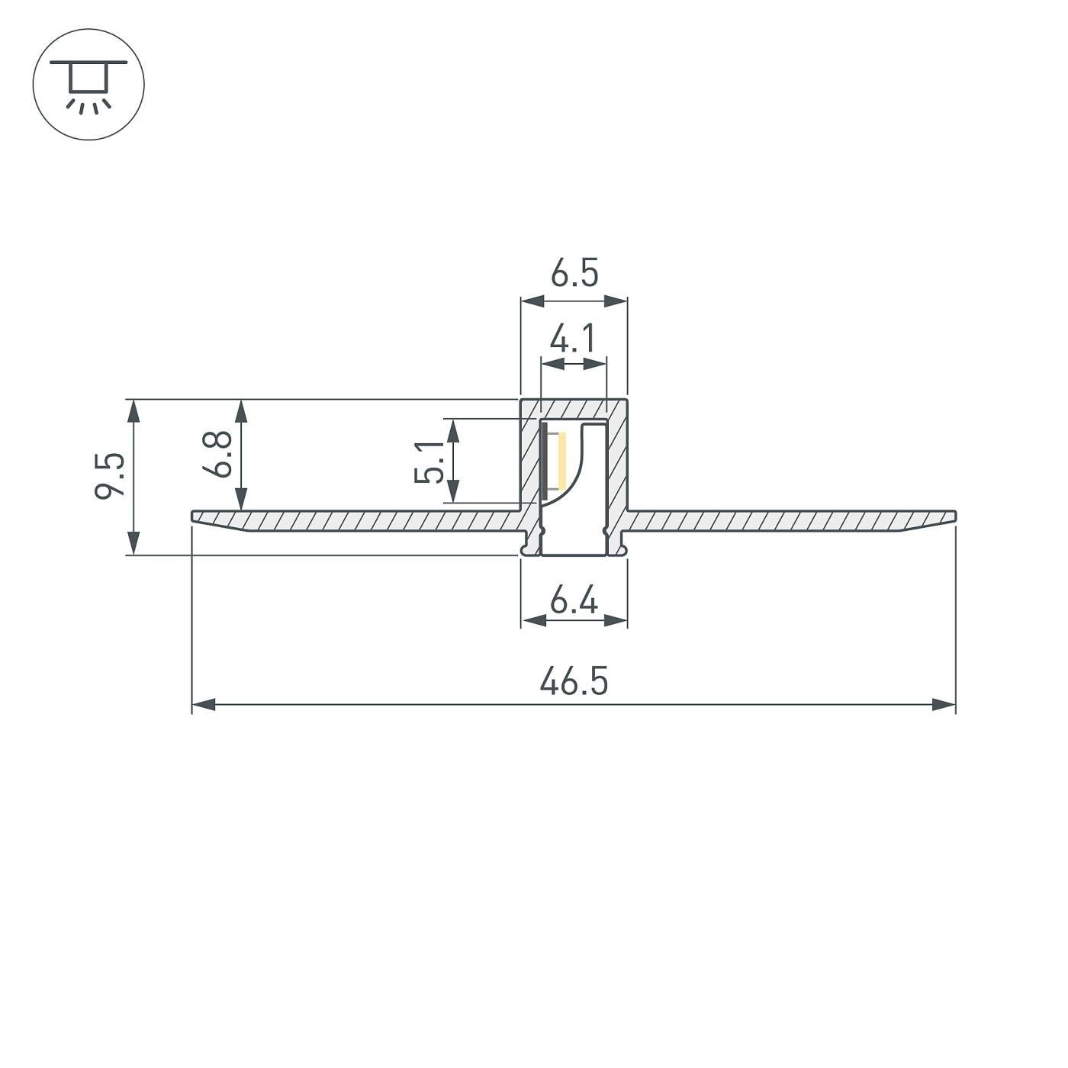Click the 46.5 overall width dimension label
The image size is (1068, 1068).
(574, 681)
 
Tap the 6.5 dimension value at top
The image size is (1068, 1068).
(574, 274)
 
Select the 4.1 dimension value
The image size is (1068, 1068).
(574, 339)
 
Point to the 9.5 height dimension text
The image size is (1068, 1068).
(109, 476)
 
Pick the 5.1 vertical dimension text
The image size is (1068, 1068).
(429, 462)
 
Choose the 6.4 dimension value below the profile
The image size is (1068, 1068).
(574, 603)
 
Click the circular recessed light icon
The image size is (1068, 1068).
(88, 84)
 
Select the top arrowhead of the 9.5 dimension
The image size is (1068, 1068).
(134, 410)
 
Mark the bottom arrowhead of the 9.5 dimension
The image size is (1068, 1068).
(134, 543)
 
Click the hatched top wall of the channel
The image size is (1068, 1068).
(574, 408)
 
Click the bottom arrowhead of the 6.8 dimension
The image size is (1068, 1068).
(242, 500)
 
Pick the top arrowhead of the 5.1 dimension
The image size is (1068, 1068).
(453, 429)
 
